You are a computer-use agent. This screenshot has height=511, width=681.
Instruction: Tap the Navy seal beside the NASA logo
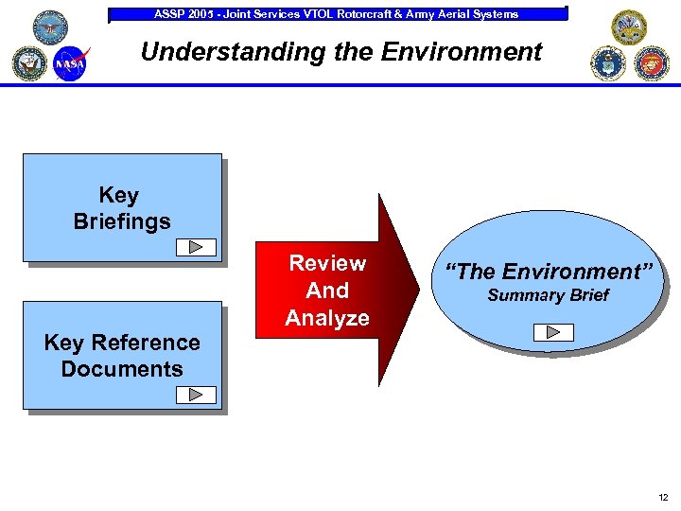(x=28, y=62)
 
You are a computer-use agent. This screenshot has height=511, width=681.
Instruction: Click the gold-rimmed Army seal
(x=628, y=27)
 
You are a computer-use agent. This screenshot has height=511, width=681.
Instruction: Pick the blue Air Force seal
(x=608, y=63)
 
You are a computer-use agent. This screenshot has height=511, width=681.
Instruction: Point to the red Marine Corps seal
(x=653, y=63)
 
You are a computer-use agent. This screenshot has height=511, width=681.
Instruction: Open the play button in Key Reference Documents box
(x=197, y=395)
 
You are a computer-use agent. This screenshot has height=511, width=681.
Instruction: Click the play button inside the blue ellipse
(x=552, y=331)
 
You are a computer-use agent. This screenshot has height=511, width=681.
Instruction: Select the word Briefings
(x=122, y=221)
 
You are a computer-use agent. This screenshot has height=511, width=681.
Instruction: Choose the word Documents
(x=122, y=369)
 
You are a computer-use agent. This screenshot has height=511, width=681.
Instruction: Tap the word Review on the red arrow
(x=327, y=263)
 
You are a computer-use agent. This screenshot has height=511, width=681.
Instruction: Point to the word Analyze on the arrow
(x=327, y=318)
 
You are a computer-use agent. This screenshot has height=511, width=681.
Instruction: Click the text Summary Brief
(x=548, y=296)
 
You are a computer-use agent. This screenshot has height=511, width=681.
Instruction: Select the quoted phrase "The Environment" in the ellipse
(x=550, y=272)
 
